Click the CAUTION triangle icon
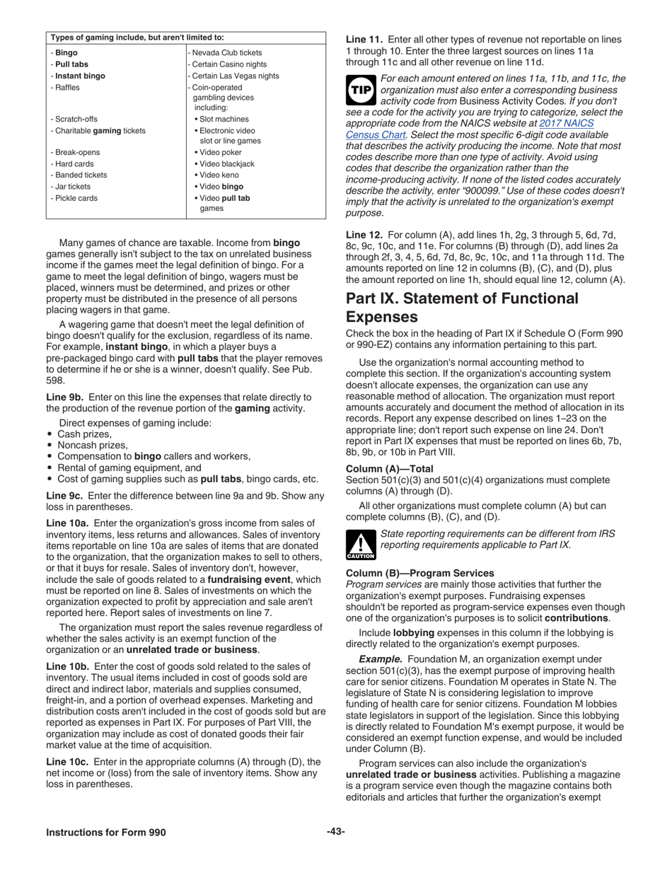361,545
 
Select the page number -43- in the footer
335,832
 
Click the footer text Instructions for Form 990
106,833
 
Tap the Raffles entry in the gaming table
67,88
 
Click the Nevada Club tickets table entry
226,53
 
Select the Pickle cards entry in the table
76,198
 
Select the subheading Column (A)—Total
389,469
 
